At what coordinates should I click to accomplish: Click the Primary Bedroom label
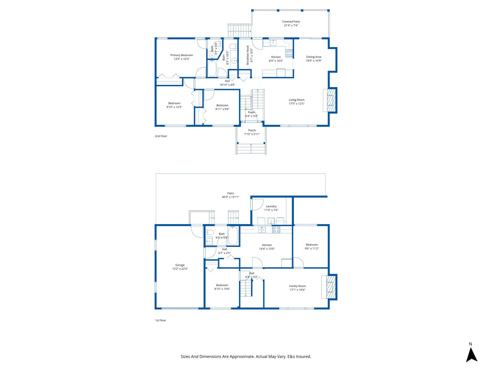point(181,55)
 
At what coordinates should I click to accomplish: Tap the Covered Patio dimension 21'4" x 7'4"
point(291,26)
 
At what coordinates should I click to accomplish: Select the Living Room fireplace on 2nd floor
point(330,100)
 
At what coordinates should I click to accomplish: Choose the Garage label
point(180,265)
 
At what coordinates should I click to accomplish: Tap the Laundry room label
point(271,206)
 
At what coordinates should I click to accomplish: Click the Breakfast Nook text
point(248,55)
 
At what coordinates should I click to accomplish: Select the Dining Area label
point(314,57)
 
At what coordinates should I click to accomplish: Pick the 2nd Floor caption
point(161,136)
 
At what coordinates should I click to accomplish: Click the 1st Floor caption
point(160,320)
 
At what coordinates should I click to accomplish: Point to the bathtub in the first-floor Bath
point(233,236)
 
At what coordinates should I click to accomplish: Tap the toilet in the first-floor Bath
point(210,232)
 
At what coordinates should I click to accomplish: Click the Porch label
point(252,130)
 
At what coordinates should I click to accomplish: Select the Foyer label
point(251,112)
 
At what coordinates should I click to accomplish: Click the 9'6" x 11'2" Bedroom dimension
point(311,248)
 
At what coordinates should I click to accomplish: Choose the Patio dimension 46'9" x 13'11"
point(230,197)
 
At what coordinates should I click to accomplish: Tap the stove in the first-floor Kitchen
point(276,229)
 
